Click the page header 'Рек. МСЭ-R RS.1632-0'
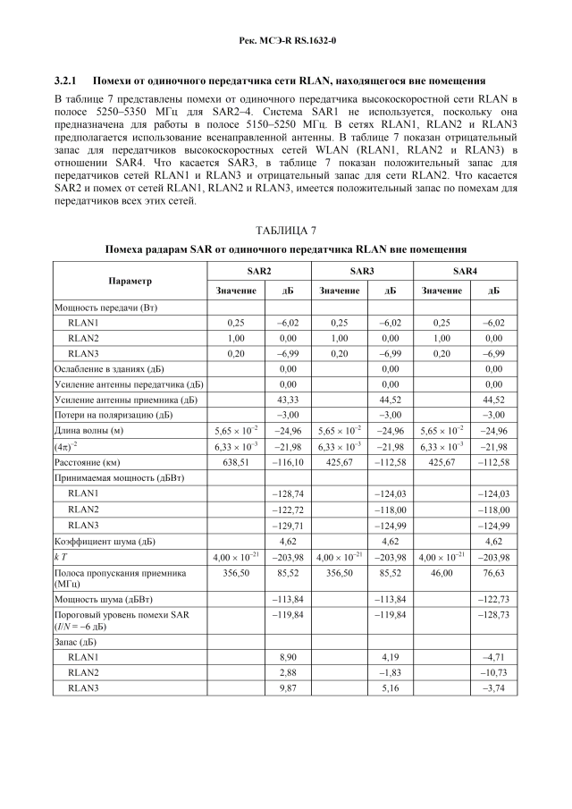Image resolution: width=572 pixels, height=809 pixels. tap(286, 41)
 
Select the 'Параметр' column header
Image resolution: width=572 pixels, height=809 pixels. tap(130, 281)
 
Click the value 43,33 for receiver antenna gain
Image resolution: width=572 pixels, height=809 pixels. tap(288, 400)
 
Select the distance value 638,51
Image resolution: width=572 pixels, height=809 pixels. tap(236, 461)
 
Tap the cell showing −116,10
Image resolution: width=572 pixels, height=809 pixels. tap(288, 461)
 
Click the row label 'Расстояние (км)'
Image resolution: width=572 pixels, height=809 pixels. tap(92, 461)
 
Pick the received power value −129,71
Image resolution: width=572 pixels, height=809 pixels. tap(288, 525)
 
